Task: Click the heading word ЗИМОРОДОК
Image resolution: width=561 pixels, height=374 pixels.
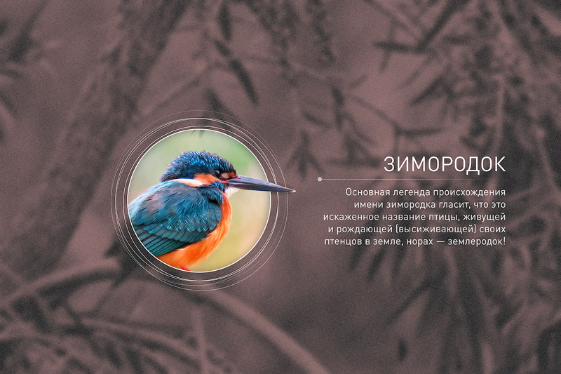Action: (x=445, y=165)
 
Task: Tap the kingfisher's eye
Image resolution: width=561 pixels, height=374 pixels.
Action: (x=217, y=173)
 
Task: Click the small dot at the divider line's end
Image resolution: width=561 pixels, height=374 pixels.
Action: (x=320, y=180)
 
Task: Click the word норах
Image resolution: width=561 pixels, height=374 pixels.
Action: (x=417, y=242)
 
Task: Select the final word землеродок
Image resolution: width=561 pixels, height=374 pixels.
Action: (x=477, y=242)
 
